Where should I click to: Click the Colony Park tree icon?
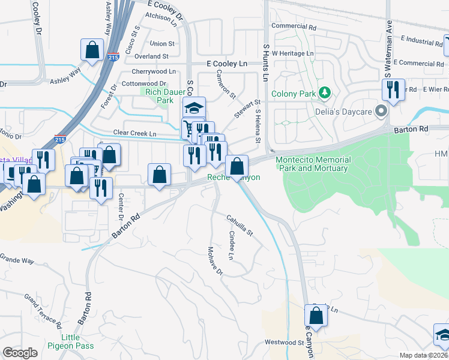325,92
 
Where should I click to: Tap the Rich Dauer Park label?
157,96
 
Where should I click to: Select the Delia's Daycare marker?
380,110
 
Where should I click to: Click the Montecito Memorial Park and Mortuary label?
313,164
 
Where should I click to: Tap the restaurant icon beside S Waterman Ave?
391,90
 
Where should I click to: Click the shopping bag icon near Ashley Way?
92,50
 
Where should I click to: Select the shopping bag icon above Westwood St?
316,315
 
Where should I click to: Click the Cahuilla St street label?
240,225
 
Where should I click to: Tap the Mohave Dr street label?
215,261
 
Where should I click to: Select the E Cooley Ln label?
226,63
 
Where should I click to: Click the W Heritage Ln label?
293,53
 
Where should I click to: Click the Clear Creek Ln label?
134,133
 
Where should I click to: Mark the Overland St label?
151,56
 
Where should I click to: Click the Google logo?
20,353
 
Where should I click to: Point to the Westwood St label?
285,343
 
